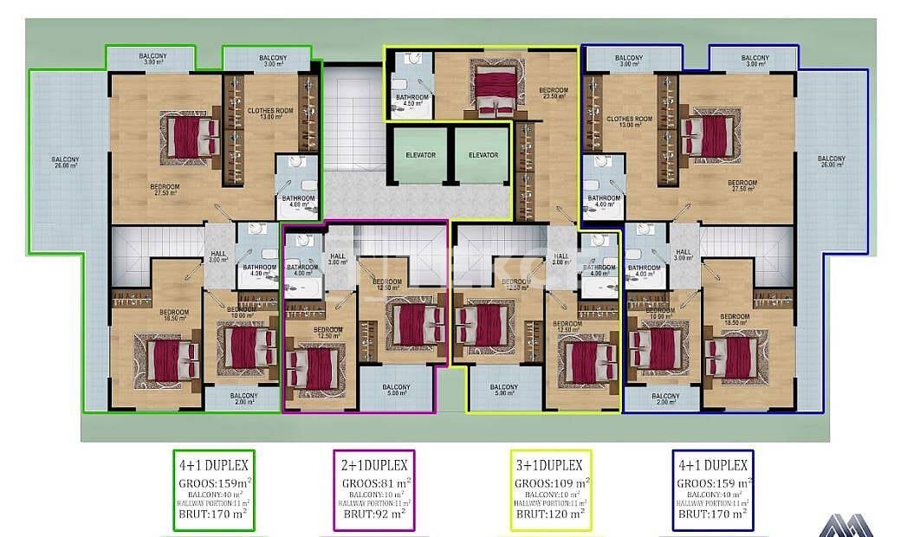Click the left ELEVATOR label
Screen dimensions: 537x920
419,155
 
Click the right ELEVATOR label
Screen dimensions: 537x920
483,155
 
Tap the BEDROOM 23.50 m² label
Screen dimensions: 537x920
553,94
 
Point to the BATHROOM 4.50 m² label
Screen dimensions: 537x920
411,100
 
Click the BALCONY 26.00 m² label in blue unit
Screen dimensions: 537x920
831,162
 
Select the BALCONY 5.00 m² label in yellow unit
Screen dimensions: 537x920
503,391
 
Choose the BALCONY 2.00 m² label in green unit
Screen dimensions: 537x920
243,398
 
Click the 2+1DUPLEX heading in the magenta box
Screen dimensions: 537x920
374,465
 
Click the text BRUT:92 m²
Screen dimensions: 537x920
374,514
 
